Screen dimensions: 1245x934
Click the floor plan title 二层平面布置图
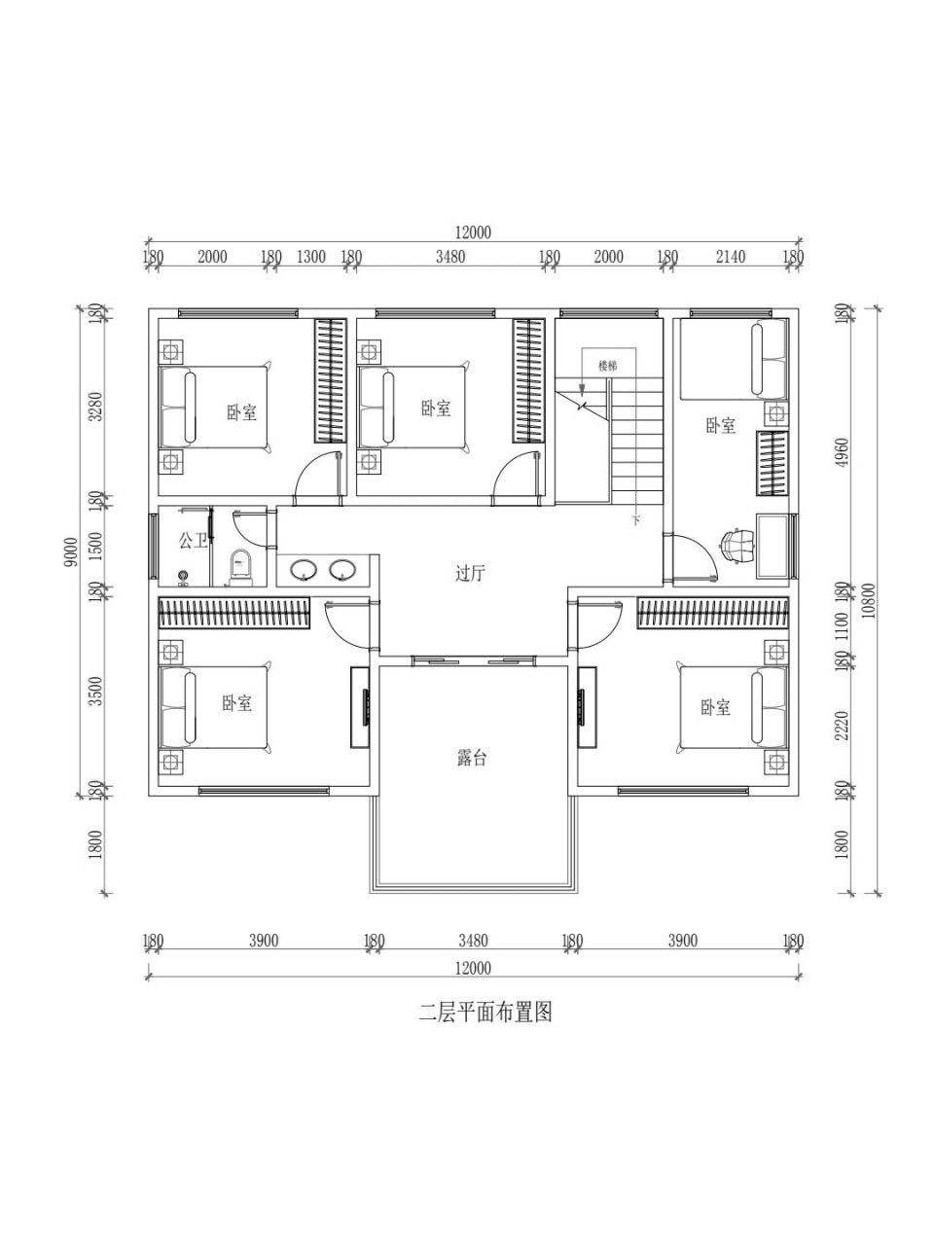(x=485, y=1012)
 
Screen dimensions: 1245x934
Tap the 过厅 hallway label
(x=470, y=574)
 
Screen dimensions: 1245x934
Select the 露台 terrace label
(x=472, y=758)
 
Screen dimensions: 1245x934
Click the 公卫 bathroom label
(x=193, y=539)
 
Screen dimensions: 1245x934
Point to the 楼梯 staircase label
(x=608, y=366)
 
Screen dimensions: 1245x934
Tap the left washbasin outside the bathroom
(x=305, y=570)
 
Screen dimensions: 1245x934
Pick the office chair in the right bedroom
(x=736, y=546)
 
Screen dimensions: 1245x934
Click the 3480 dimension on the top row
(x=450, y=257)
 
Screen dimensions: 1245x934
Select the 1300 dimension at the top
(x=310, y=257)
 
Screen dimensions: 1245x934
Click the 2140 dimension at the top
(x=730, y=257)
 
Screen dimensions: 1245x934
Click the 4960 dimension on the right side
(x=843, y=452)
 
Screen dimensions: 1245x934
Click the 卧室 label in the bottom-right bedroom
(x=715, y=707)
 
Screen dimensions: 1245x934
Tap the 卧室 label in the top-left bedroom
(x=242, y=412)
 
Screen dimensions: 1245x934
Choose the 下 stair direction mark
(x=636, y=521)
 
